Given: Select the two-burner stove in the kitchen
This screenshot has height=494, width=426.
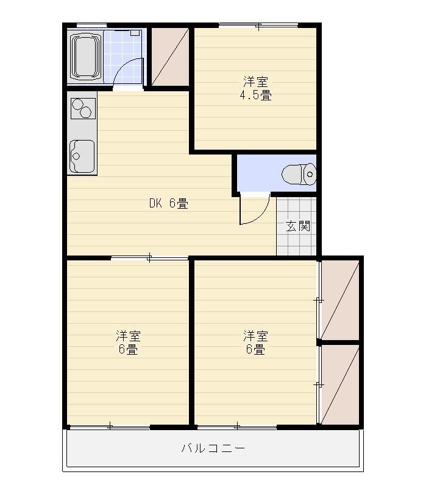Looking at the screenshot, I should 82,108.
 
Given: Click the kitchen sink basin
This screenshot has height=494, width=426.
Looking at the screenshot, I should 82,156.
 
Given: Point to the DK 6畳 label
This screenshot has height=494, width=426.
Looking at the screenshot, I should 169,204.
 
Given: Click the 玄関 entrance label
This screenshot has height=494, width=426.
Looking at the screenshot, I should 298,226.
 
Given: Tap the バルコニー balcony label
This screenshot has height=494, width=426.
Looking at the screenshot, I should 213,449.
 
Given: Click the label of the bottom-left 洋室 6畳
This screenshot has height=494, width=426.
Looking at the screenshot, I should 128,343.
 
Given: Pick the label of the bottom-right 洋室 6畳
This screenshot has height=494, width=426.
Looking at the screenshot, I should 255,343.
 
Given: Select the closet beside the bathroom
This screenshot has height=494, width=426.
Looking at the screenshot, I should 170,56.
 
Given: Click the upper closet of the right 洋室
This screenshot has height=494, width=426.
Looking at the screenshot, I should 340,299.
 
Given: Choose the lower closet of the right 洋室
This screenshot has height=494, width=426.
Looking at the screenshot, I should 340,384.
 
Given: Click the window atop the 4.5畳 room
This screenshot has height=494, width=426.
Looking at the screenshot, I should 258,26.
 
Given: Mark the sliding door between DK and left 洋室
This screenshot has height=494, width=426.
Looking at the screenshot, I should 149,259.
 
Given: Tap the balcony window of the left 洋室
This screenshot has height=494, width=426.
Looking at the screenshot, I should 110,426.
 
